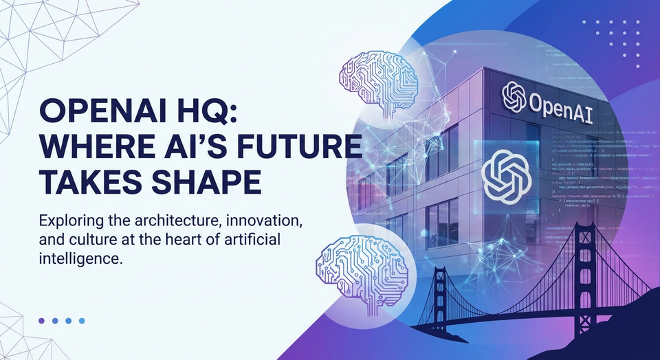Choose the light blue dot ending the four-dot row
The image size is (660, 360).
81,320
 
